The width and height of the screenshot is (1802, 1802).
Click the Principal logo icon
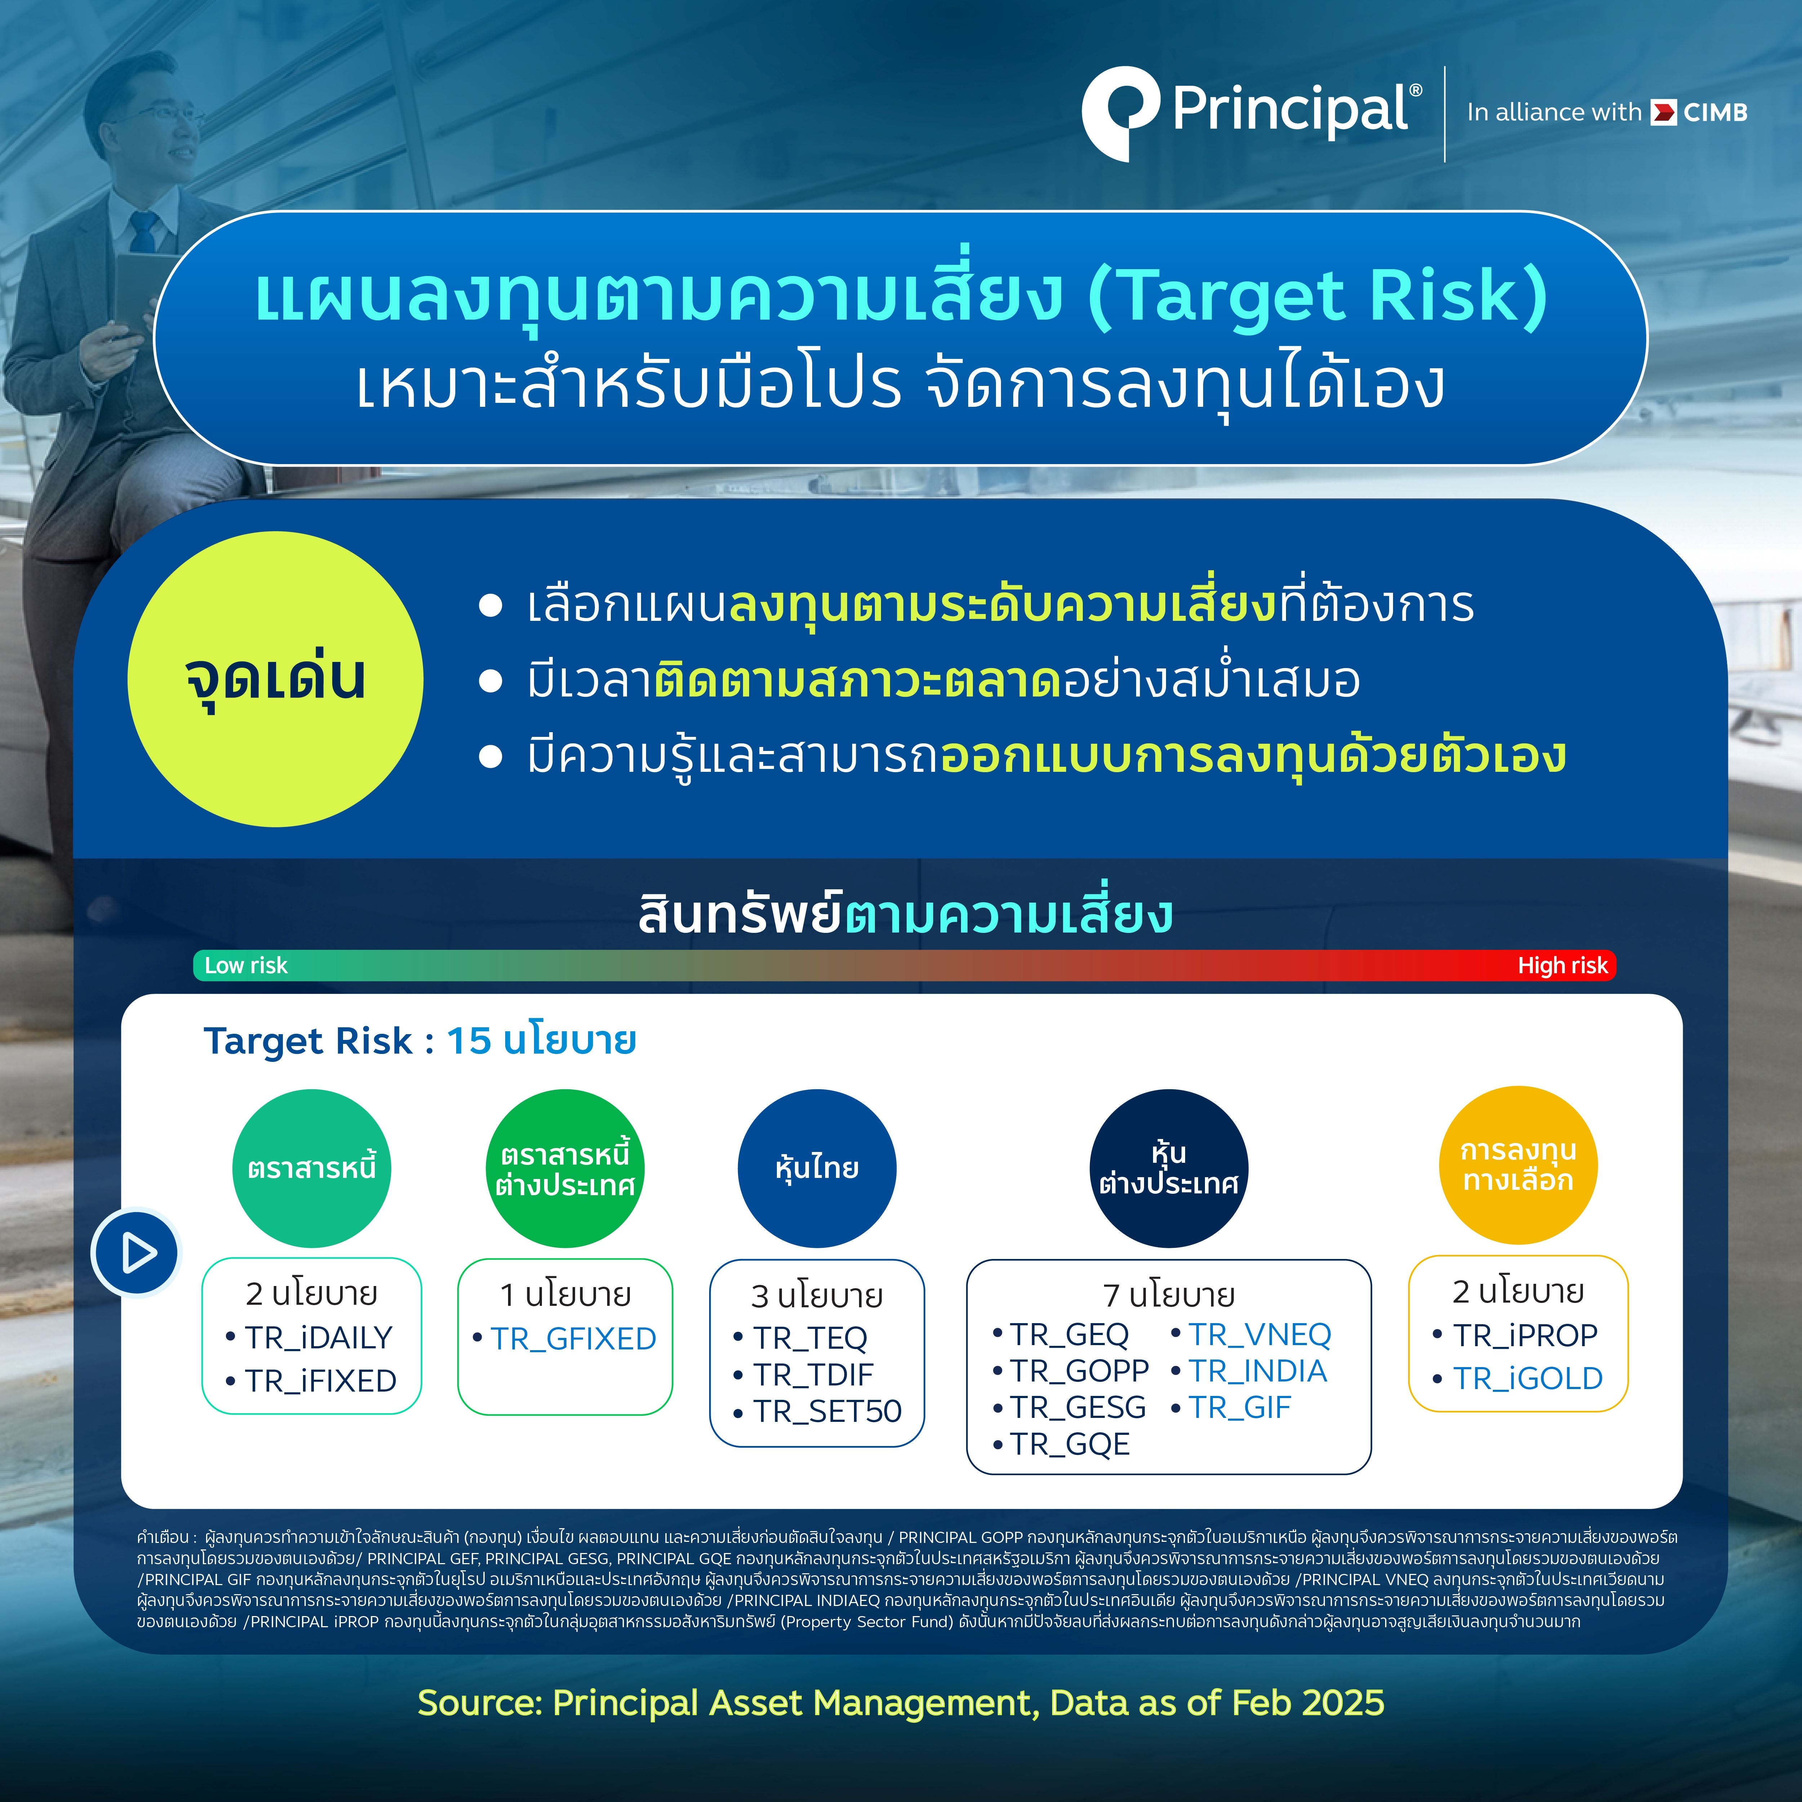click(x=1120, y=111)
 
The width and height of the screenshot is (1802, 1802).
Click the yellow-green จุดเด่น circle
click(x=275, y=679)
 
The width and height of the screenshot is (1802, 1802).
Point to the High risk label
click(x=1562, y=965)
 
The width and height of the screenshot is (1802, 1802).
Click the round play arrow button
click(x=136, y=1252)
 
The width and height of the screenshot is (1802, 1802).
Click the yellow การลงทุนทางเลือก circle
click(x=1520, y=1166)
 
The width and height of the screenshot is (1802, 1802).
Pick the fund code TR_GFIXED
click(x=574, y=1339)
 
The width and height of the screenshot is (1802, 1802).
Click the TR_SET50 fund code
click(x=827, y=1411)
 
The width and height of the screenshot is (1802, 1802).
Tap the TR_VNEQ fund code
click(x=1260, y=1335)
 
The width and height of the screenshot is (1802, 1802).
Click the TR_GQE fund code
click(x=1070, y=1444)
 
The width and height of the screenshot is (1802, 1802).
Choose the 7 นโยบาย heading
click(x=1169, y=1295)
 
